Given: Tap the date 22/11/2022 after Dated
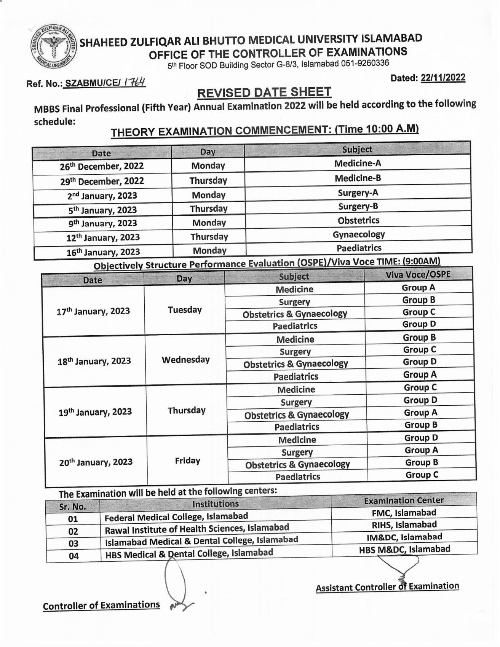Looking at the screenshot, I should pos(443,78).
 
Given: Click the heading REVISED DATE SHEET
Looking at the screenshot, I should pos(264,92).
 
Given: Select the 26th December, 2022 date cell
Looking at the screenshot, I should pos(102,166).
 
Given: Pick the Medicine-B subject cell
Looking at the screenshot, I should pos(358,178).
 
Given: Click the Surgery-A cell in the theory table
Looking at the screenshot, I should pos(358,193).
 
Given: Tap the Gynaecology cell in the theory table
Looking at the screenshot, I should pos(359,234).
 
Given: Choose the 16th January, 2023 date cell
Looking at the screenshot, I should pos(103,252).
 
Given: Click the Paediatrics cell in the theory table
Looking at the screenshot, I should pos(359,248).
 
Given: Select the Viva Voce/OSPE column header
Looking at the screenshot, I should pos(418,274).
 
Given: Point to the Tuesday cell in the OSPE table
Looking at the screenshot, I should pos(185,310).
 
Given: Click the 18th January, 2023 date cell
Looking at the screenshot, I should pos(94,361).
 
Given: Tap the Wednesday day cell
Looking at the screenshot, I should pos(185,360).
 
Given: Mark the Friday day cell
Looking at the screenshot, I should pos(187,461).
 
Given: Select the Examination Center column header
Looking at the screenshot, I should pos(404,500).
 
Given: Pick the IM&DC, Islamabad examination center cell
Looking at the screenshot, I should pos(404,537).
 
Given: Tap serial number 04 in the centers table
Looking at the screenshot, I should pos(73,556).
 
